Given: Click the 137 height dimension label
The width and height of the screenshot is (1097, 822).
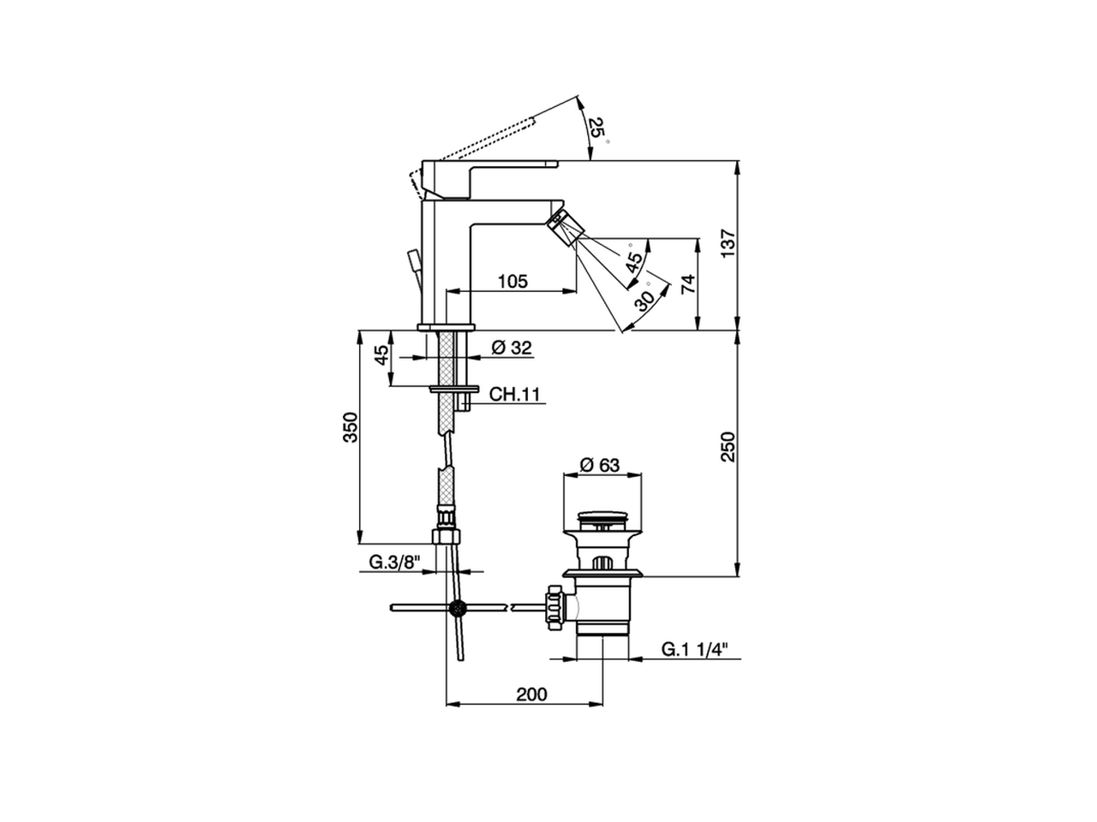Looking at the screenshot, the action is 728,243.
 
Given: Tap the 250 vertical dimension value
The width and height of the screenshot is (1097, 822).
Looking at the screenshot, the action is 728,447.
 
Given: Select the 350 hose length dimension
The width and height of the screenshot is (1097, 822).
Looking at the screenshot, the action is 351,427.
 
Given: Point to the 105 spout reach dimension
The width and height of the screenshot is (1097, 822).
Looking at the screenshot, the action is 513,282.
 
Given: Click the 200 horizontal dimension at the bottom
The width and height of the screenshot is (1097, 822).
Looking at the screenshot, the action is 531,694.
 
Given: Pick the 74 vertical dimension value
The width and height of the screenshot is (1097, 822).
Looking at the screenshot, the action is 688,284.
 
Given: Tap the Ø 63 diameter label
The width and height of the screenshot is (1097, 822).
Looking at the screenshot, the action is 599,465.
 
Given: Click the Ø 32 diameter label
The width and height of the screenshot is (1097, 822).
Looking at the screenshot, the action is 512,348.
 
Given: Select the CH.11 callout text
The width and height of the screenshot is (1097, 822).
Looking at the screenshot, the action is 514,394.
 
